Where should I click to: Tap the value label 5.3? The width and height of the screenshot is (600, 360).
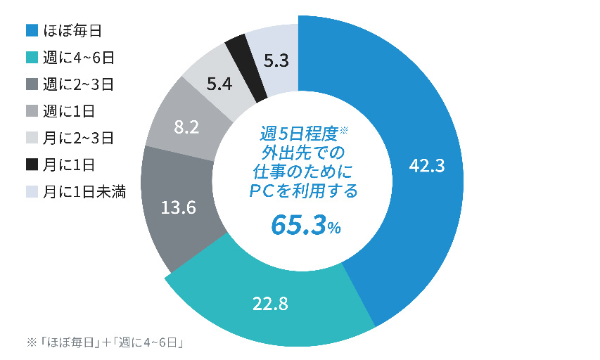[x=276, y=61]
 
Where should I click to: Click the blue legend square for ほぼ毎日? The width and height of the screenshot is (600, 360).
[x=32, y=30]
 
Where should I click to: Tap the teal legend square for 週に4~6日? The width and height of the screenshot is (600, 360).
[x=32, y=58]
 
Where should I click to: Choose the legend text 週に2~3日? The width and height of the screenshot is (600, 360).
[x=79, y=84]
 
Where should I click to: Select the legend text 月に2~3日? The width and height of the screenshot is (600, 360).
[x=79, y=138]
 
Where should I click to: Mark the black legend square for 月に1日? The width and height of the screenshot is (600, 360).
[x=32, y=165]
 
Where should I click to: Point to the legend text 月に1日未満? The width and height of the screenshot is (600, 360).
[x=84, y=191]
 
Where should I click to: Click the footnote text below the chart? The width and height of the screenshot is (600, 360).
[x=106, y=342]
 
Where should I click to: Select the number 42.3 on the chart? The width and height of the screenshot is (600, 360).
[x=426, y=166]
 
